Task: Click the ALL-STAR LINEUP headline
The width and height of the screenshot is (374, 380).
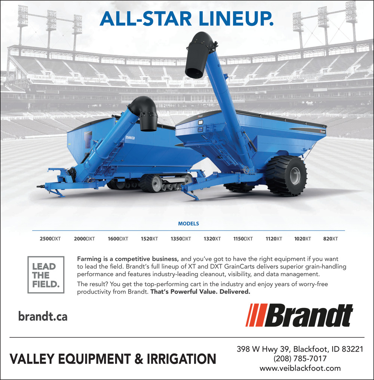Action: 187,19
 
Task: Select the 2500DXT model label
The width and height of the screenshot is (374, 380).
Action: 50,239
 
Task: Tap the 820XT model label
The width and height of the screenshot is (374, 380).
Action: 330,239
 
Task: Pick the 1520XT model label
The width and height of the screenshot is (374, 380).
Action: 149,239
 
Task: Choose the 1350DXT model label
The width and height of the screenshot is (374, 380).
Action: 181,239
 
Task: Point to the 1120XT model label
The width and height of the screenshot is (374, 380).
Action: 274,239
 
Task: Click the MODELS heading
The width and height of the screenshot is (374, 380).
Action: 188,224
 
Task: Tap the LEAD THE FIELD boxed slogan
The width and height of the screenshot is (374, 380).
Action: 46,275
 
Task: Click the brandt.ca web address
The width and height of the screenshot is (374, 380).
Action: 43,316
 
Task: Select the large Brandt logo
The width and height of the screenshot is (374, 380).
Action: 299,315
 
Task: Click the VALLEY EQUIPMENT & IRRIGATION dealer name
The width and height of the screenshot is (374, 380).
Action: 113,359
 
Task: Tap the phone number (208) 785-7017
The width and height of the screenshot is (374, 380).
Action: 300,358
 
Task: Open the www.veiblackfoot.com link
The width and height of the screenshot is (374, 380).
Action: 300,368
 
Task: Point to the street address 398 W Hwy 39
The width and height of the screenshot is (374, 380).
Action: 263,349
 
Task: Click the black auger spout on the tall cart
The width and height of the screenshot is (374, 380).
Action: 198,55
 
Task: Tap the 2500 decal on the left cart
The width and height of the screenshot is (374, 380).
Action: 130,138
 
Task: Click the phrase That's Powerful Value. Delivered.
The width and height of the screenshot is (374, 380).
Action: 200,291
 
